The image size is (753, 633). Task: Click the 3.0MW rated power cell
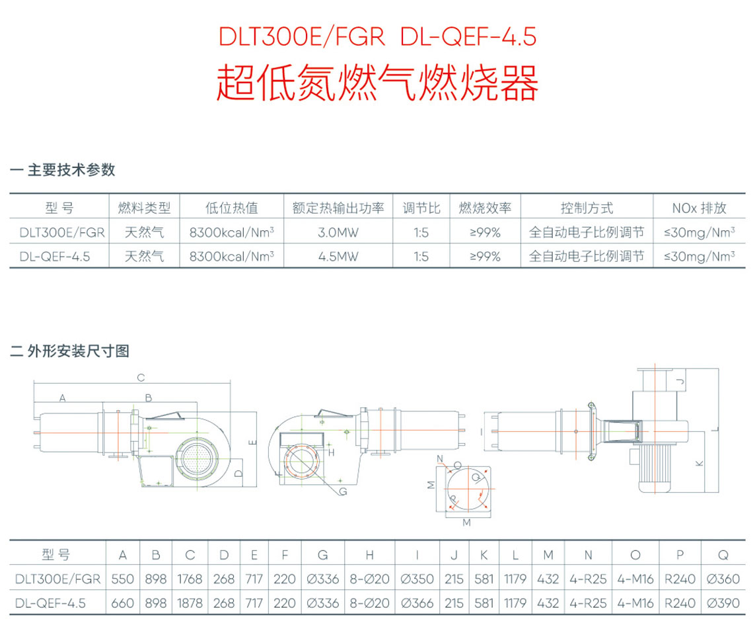pos(338,233)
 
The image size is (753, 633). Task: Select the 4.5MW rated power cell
pos(338,257)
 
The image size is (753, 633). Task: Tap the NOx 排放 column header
pos(699,208)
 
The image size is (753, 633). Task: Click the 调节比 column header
pos(421,208)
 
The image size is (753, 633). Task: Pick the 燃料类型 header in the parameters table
pos(144,208)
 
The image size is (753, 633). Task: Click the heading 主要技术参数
pos(71,170)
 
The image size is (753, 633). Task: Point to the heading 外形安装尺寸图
pos(79,351)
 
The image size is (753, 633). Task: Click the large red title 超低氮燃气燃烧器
pos(377,83)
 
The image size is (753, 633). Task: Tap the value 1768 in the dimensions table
pos(190,579)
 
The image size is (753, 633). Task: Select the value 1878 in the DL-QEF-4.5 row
pos(190,603)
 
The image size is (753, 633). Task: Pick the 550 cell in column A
pos(122,579)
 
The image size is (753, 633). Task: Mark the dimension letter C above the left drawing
pos(141,378)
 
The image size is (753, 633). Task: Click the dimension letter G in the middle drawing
pos(343,491)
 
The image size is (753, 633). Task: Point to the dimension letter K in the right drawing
pos(700,463)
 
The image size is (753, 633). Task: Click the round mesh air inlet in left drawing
pos(196,456)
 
